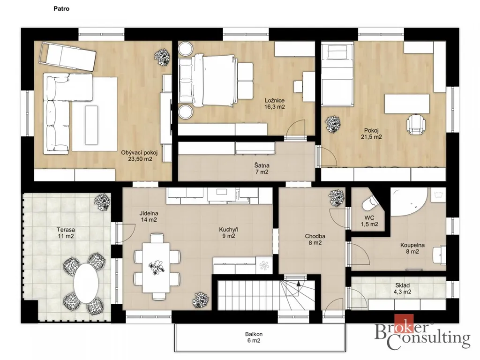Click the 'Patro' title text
(61, 8)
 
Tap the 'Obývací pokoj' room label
(139, 152)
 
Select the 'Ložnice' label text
(275, 100)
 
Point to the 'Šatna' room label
(262, 165)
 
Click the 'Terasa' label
(66, 230)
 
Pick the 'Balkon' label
(254, 334)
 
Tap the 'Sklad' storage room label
(402, 285)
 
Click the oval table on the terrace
(86, 283)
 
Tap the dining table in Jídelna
(157, 267)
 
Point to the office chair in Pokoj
(416, 124)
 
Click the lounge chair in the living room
(68, 57)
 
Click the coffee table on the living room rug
(91, 125)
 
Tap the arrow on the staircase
(299, 284)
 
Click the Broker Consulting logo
(422, 333)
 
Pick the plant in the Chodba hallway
(337, 198)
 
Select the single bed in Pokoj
(337, 75)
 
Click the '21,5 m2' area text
(371, 137)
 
